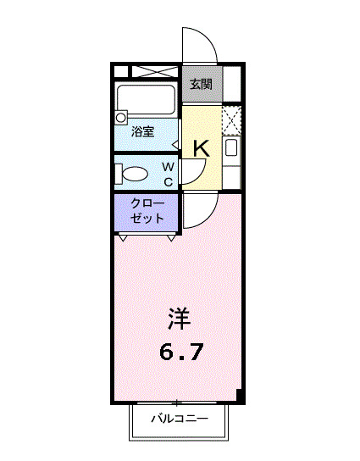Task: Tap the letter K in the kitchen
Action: coord(201,147)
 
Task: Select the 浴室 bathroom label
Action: coord(142,131)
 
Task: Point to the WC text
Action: coord(168,174)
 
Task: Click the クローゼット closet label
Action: coord(147,210)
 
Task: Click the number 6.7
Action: coord(181,352)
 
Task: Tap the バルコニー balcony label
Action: coord(180,419)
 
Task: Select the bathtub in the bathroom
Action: coord(146,101)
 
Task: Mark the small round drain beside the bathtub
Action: coord(121,118)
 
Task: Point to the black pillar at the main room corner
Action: coord(240,396)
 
